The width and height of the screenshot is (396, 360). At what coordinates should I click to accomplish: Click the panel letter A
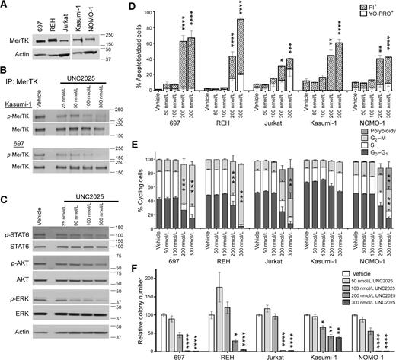click(6, 6)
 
